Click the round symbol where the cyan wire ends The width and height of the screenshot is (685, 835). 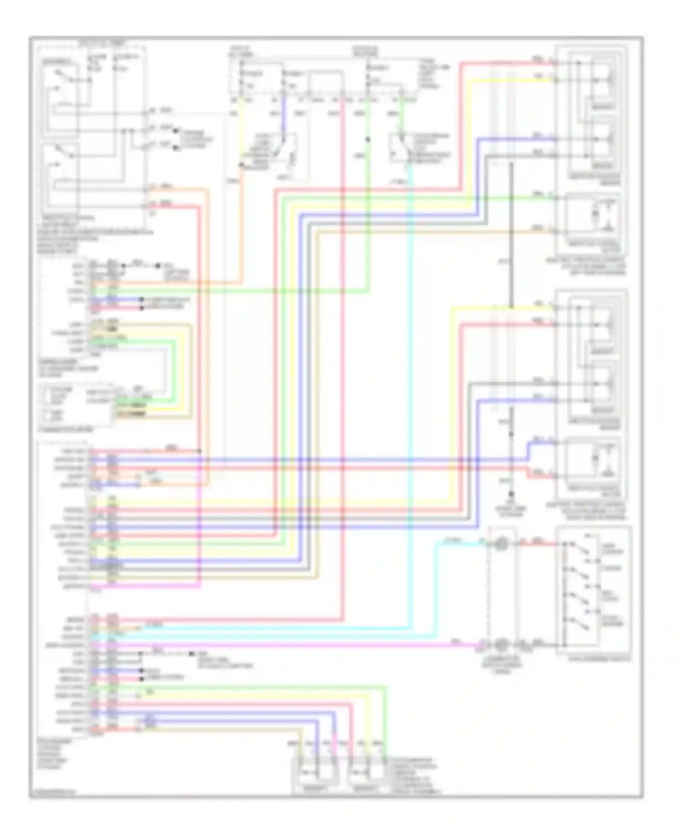click(x=501, y=544)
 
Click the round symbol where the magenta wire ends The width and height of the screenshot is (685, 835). click(x=501, y=645)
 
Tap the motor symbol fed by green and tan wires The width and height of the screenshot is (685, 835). click(x=607, y=215)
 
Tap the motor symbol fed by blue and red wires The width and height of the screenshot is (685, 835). click(x=607, y=459)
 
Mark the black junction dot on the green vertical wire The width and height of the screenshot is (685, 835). click(x=368, y=139)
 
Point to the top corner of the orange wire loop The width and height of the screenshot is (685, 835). click(x=208, y=189)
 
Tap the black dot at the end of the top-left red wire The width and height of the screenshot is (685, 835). click(x=158, y=265)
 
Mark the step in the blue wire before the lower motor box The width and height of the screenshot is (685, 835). click(x=528, y=450)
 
